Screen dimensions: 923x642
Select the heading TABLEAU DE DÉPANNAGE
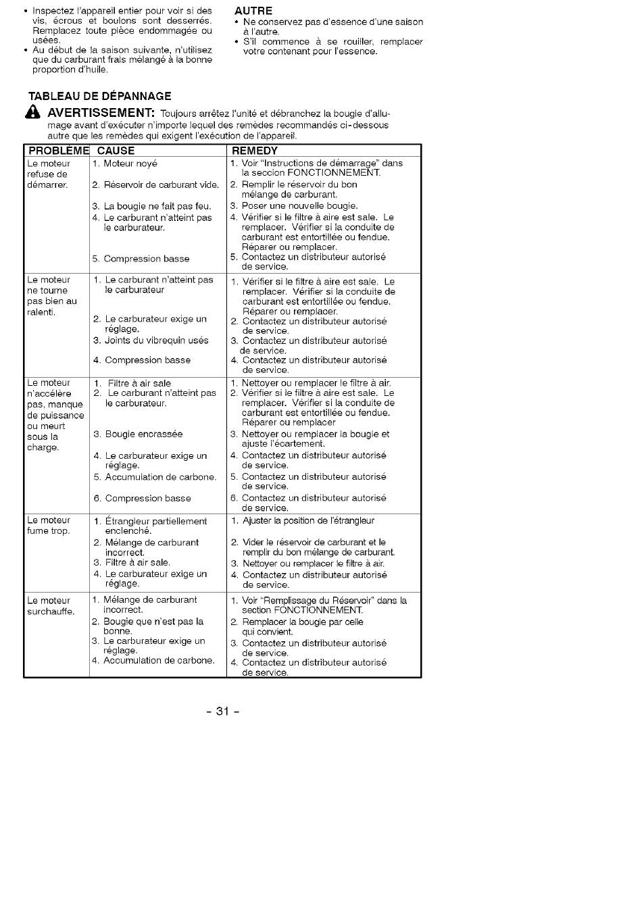coord(100,96)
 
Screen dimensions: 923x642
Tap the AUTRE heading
coord(253,11)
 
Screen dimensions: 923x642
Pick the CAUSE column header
coord(116,151)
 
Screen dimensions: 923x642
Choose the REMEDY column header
coord(255,151)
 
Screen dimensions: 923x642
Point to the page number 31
coord(223,711)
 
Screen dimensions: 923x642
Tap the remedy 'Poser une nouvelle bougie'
coord(299,206)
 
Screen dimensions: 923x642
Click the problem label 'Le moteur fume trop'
coord(49,526)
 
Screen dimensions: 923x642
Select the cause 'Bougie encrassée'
coord(143,434)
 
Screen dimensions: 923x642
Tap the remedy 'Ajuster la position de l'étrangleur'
coord(307,521)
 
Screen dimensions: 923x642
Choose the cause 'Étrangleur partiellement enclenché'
coord(155,526)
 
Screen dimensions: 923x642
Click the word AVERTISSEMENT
coord(101,112)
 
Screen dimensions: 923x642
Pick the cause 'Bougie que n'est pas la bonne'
coord(153,626)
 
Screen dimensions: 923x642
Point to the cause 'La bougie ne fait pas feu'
coord(157,207)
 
